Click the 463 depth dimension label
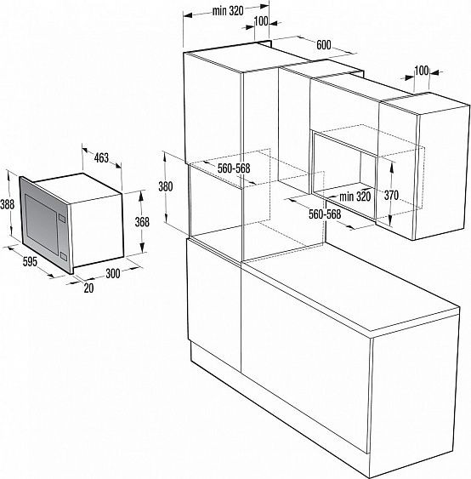[x=100, y=157]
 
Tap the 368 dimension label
[x=142, y=222]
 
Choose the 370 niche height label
[x=391, y=195]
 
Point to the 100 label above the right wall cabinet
[x=422, y=69]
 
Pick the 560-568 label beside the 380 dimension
[x=233, y=169]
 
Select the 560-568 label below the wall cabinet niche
[x=323, y=214]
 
